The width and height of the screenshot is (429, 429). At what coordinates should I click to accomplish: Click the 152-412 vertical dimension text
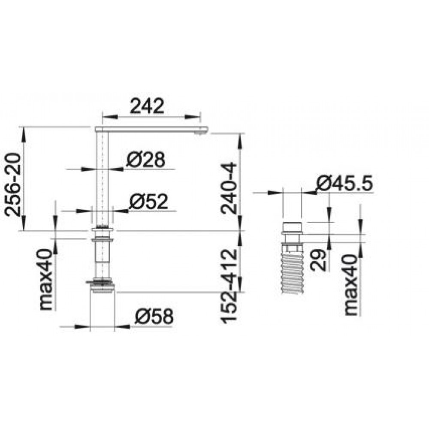pos(229,285)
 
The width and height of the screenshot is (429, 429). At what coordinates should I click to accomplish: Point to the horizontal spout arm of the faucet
pos(150,129)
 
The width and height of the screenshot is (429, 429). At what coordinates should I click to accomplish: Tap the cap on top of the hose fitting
pos(293,227)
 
